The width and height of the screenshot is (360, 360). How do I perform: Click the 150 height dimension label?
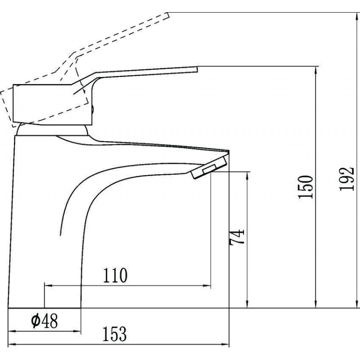(306, 187)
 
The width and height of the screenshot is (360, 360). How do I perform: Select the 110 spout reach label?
(115, 275)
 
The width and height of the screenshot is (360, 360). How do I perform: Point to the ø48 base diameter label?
(44, 321)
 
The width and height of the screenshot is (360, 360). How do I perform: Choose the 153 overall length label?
(114, 334)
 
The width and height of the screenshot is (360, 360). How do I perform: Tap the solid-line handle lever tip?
(197, 69)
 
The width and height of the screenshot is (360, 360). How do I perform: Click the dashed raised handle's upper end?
(168, 15)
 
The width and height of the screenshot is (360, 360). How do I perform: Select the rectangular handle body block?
(53, 105)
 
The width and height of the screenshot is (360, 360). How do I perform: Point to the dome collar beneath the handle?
(52, 130)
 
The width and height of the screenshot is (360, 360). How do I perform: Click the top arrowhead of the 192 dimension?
(357, 17)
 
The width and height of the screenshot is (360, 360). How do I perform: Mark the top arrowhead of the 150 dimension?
(316, 71)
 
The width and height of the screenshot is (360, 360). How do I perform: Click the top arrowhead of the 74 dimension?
(247, 176)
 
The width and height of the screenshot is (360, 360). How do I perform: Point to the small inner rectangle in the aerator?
(209, 169)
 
